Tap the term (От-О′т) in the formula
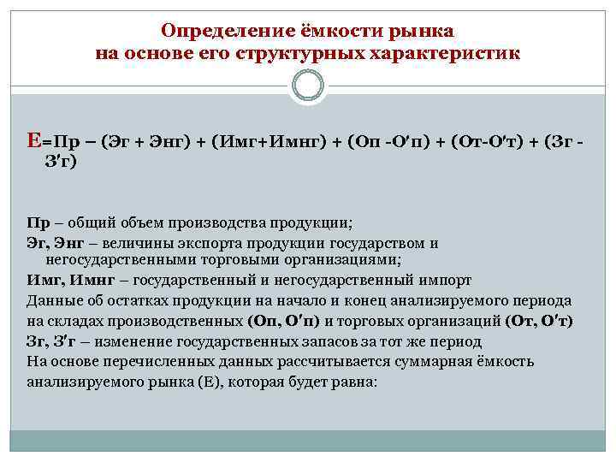[484, 142]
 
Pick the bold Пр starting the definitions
[37, 224]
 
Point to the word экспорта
[194, 243]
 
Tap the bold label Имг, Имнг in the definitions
[71, 280]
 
